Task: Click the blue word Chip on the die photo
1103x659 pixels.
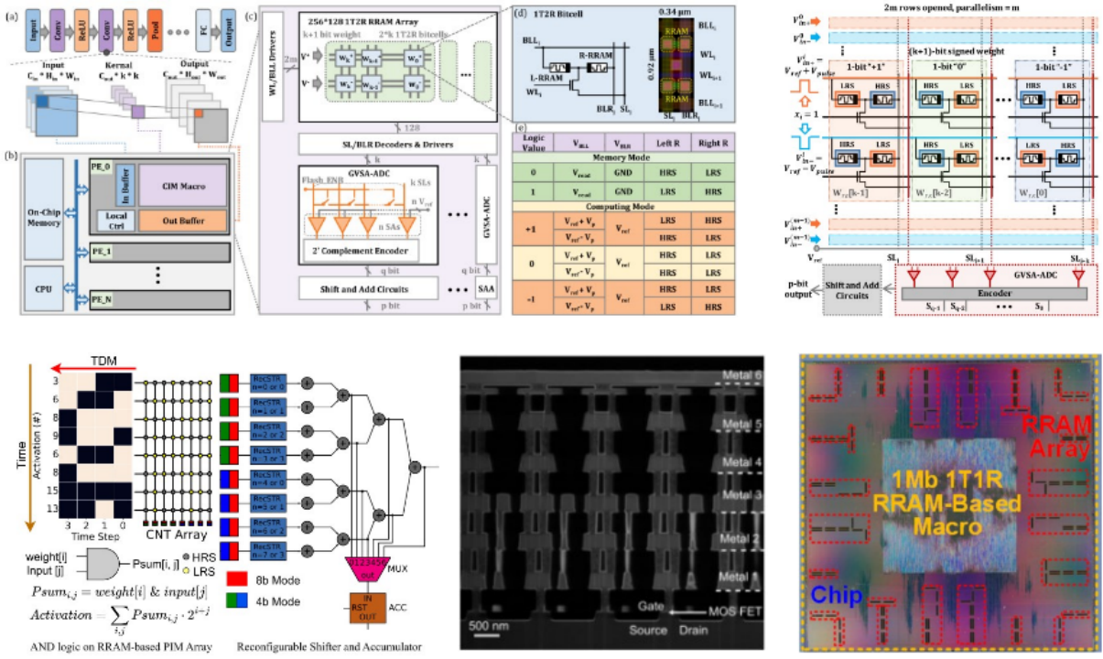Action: pyautogui.click(x=836, y=593)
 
